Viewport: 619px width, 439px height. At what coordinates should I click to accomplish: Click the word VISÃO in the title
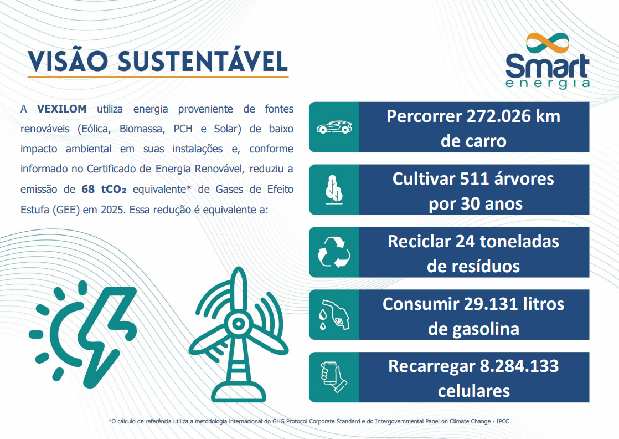pos(68,61)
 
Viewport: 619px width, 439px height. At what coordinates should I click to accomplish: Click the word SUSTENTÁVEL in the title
pos(203,61)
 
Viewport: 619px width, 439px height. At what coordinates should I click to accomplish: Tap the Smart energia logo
pos(547,61)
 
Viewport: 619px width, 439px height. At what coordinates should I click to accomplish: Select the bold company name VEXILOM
pos(62,109)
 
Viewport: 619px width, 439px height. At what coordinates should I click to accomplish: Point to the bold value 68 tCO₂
pos(105,189)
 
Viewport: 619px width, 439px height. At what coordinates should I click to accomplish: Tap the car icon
pos(334,127)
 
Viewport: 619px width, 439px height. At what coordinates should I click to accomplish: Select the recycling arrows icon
pos(334,253)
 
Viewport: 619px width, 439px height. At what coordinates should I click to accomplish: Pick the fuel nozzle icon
pos(334,315)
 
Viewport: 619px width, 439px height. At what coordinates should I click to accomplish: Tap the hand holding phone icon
pos(334,377)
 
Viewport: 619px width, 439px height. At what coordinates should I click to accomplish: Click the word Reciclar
pos(419,242)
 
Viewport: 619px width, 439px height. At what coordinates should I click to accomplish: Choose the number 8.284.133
pos(517,366)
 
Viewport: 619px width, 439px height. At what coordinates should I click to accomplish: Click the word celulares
pos(474,391)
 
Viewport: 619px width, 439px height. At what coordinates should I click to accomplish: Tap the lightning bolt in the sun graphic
pos(109,333)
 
